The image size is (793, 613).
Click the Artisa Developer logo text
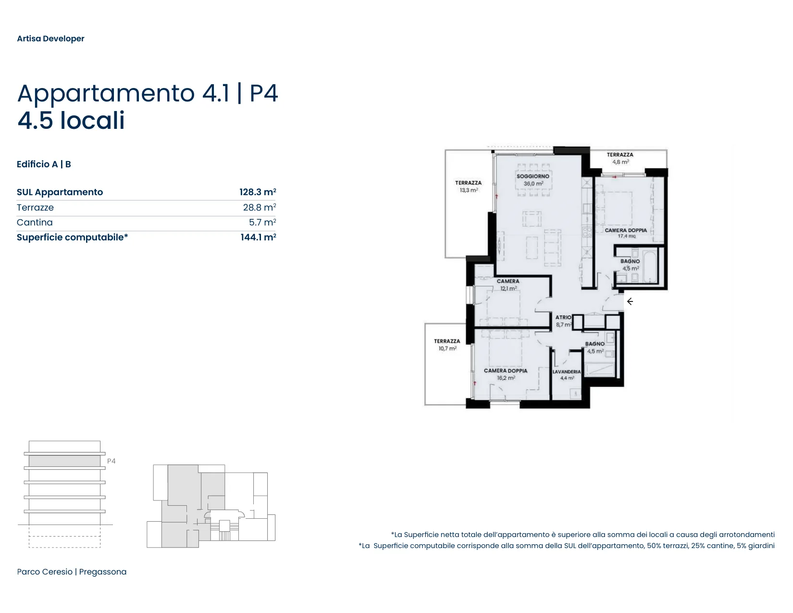click(50, 38)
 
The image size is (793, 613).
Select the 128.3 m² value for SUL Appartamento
click(258, 192)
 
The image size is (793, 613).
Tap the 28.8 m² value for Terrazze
click(260, 207)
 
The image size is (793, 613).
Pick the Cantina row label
click(35, 222)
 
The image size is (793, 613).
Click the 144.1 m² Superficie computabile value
click(258, 238)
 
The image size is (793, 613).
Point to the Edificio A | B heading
click(44, 164)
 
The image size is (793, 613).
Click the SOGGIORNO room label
click(533, 176)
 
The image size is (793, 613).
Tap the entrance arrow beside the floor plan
click(630, 301)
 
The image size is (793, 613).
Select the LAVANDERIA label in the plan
click(566, 372)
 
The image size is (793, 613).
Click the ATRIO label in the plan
click(563, 318)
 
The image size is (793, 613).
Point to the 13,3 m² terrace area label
click(469, 190)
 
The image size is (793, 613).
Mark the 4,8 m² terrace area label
click(620, 162)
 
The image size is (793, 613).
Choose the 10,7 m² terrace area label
click(447, 349)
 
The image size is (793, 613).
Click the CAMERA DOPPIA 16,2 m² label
click(506, 374)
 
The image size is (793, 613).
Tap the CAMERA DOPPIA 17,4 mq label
click(625, 233)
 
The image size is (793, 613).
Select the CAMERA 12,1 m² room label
click(508, 285)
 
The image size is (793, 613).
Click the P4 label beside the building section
click(112, 461)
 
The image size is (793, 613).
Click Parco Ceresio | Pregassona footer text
click(72, 572)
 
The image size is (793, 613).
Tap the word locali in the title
click(92, 121)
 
